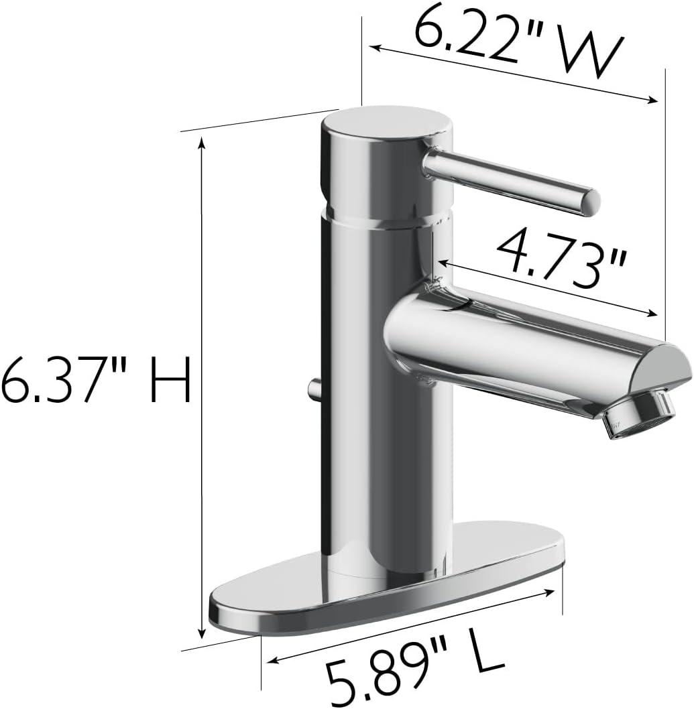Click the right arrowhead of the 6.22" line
(x=653, y=101)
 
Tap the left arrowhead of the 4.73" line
(x=442, y=263)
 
